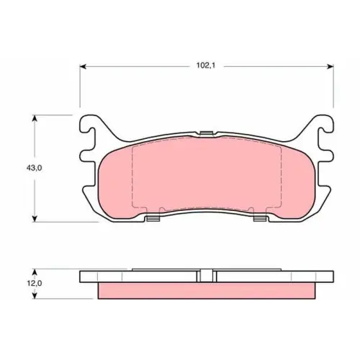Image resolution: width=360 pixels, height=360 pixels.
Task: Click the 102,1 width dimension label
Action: click(206, 66)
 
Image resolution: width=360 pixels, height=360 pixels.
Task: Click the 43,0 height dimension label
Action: click(34, 168)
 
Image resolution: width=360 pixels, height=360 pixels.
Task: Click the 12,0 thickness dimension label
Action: click(35, 283)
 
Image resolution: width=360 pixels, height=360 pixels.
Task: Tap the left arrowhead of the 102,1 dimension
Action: click(83, 66)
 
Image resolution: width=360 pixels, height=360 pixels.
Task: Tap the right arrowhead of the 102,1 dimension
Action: click(330, 66)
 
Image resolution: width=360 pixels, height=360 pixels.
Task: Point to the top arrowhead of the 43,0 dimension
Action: click(35, 118)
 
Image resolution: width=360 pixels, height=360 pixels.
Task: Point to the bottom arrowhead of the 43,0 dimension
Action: click(35, 219)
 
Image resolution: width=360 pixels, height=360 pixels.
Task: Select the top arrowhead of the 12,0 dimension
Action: click(35, 272)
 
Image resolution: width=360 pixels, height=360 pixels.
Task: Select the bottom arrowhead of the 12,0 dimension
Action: click(35, 295)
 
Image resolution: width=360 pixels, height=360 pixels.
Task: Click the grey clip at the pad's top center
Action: click(207, 133)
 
